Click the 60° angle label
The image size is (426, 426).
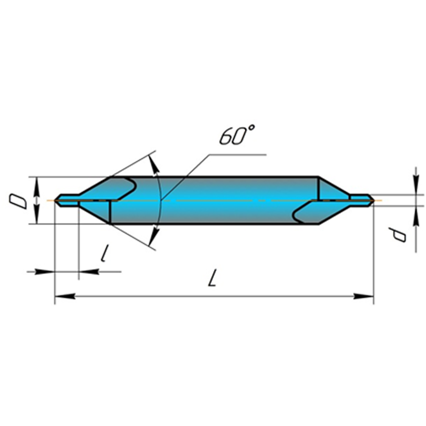click(x=237, y=136)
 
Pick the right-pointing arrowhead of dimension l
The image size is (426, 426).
click(x=45, y=271)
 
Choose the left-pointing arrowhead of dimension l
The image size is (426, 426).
click(x=88, y=271)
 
